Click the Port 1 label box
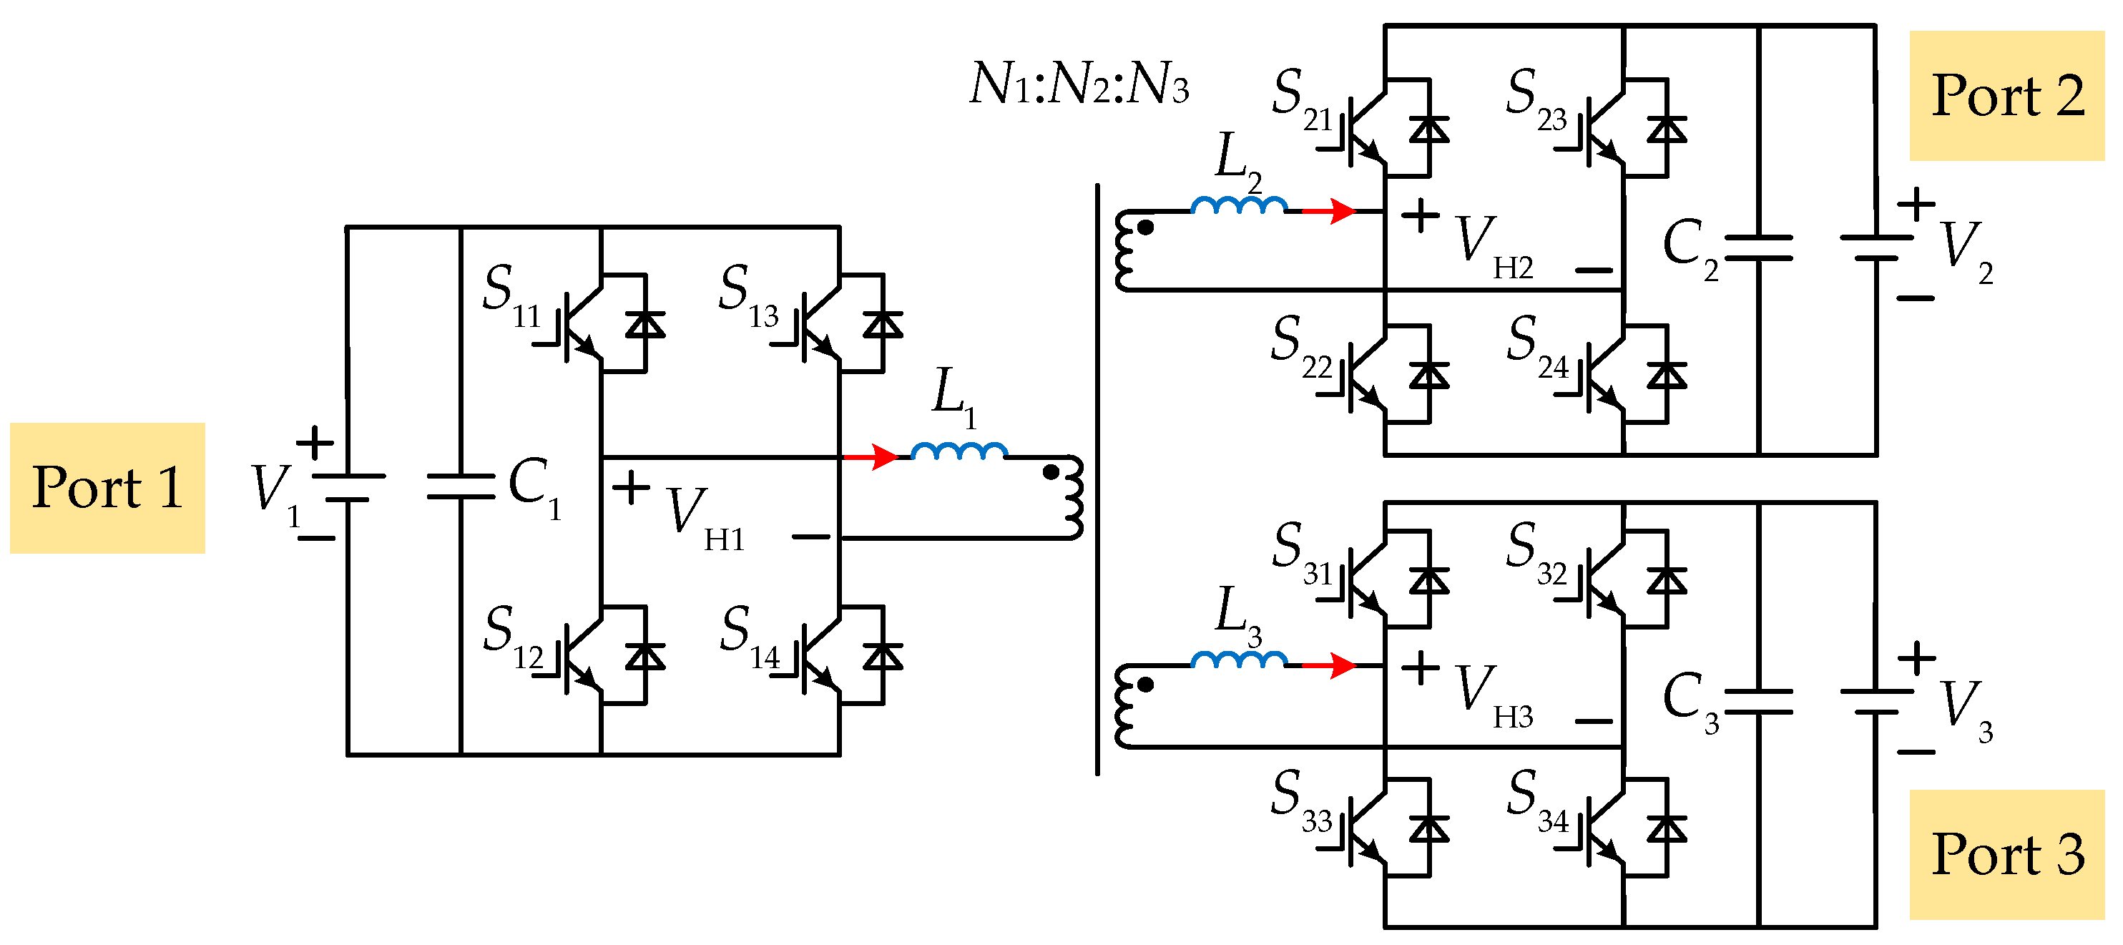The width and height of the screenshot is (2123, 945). (x=107, y=488)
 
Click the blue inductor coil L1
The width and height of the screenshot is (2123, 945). (x=958, y=451)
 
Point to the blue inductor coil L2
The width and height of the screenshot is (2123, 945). (x=1238, y=205)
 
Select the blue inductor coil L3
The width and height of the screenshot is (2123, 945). (x=1238, y=659)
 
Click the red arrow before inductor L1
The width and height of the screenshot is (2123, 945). (x=871, y=456)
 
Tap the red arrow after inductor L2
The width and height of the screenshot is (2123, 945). (x=1328, y=211)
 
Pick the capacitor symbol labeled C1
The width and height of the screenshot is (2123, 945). (x=460, y=486)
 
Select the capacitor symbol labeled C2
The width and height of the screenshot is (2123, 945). (x=1758, y=248)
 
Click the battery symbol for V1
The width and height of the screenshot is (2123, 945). (x=348, y=488)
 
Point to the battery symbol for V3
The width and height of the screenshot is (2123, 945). (x=1876, y=701)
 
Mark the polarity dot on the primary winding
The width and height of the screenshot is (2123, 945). (x=1051, y=472)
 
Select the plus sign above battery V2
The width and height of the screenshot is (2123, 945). (x=1916, y=203)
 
